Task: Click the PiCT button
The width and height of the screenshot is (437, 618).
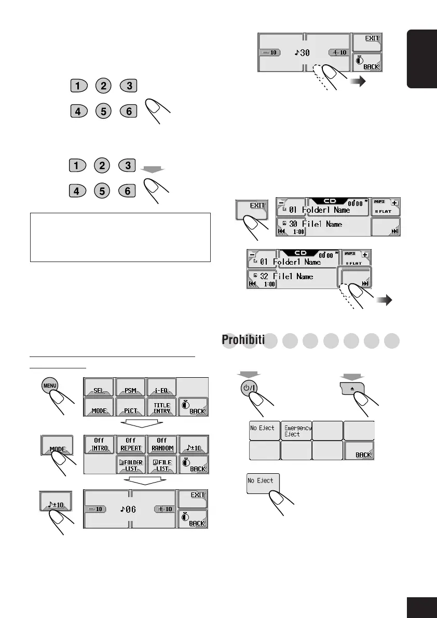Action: click(130, 407)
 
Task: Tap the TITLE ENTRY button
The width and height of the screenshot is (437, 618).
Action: click(162, 407)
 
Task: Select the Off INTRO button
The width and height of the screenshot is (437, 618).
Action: click(99, 444)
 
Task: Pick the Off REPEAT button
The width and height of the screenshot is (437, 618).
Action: click(131, 444)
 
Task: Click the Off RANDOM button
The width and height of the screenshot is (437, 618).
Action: click(162, 444)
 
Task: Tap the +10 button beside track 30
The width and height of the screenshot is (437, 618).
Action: click(338, 52)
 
